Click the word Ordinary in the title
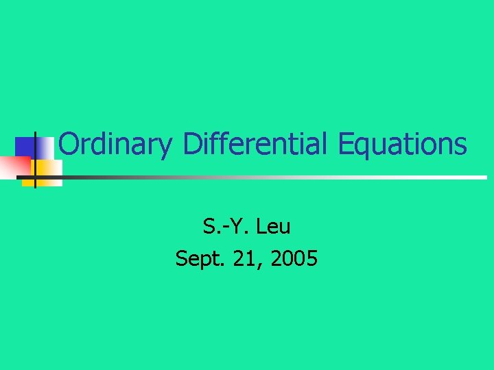(x=115, y=145)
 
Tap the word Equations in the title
(x=401, y=145)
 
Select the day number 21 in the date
(x=244, y=258)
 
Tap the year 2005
(x=294, y=258)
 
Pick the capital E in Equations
(x=344, y=145)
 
